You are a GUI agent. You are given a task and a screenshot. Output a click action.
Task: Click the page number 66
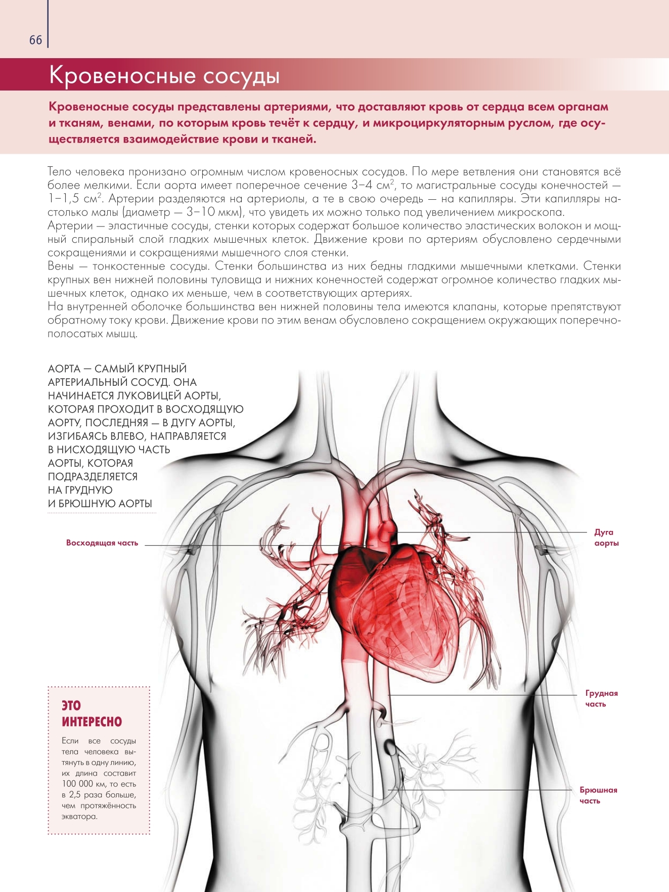pyautogui.click(x=35, y=40)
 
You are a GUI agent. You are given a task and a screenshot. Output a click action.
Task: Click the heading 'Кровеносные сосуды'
pyautogui.click(x=164, y=75)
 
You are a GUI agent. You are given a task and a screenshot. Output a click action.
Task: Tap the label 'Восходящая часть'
pyautogui.click(x=102, y=543)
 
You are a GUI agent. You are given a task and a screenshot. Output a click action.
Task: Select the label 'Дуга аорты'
pyautogui.click(x=606, y=538)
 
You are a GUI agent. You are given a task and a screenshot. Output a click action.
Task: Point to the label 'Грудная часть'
pyautogui.click(x=601, y=698)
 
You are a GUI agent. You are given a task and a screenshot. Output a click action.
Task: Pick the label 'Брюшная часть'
pyautogui.click(x=598, y=795)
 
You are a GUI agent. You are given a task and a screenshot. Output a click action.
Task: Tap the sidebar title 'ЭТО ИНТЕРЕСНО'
pyautogui.click(x=92, y=713)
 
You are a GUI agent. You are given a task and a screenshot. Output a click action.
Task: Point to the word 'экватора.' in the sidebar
pyautogui.click(x=79, y=816)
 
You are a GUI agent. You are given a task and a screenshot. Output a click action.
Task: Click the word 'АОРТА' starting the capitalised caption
pyautogui.click(x=64, y=369)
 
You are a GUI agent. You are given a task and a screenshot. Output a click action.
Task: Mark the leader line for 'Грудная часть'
pyautogui.click(x=480, y=695)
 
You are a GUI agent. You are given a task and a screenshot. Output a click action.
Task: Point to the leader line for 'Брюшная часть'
pyautogui.click(x=480, y=790)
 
